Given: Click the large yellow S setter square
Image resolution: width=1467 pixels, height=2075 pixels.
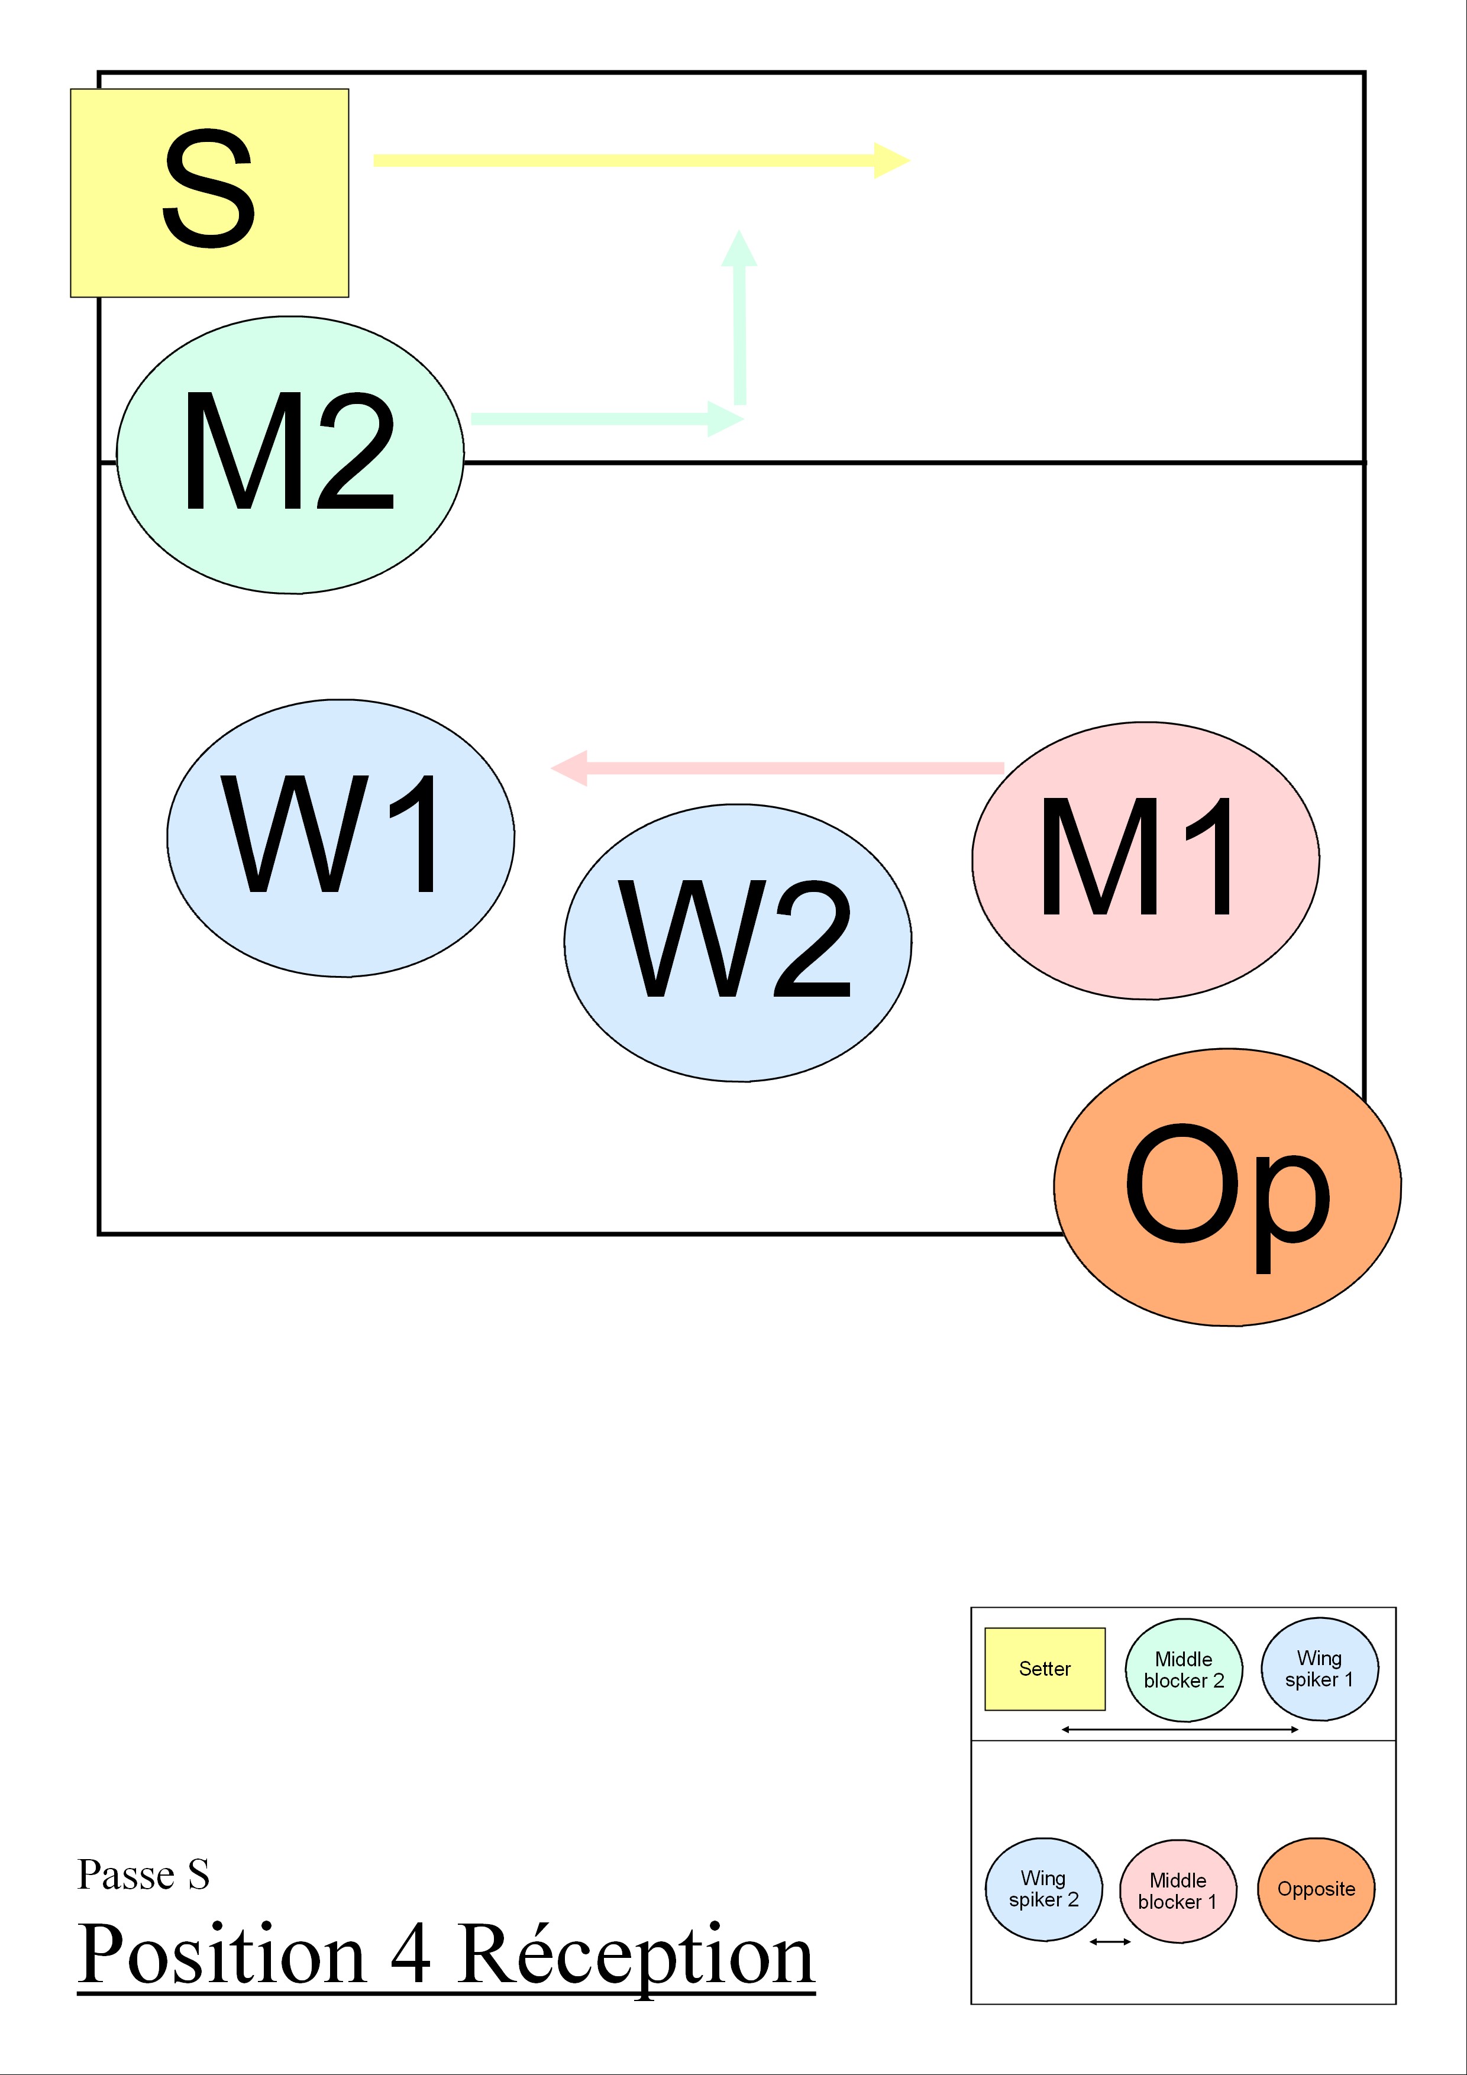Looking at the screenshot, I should pyautogui.click(x=210, y=192).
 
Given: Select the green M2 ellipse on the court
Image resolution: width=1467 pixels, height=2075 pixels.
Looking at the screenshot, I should pyautogui.click(x=290, y=455).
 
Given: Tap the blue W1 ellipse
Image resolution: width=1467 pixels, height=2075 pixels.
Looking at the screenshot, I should pyautogui.click(x=341, y=838).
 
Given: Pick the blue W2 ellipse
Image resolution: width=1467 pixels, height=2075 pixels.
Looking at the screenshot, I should pyautogui.click(x=738, y=943).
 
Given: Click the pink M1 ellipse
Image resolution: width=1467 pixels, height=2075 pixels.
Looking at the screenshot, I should pyautogui.click(x=1145, y=861).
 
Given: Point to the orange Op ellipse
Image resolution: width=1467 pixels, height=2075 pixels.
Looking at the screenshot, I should pyautogui.click(x=1227, y=1187).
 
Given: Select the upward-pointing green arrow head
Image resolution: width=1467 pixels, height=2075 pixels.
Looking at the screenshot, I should pyautogui.click(x=739, y=246).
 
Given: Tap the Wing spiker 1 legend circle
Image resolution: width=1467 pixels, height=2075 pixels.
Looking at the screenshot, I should pyautogui.click(x=1320, y=1669).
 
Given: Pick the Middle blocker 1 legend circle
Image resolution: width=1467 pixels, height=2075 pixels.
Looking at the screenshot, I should pyautogui.click(x=1177, y=1890).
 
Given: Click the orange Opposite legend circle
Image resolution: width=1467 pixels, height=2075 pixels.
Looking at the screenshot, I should pyautogui.click(x=1316, y=1889).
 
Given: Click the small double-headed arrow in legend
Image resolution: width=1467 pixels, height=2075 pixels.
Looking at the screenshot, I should pyautogui.click(x=1110, y=1941).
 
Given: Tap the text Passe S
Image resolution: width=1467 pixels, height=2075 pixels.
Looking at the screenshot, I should pyautogui.click(x=144, y=1874).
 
